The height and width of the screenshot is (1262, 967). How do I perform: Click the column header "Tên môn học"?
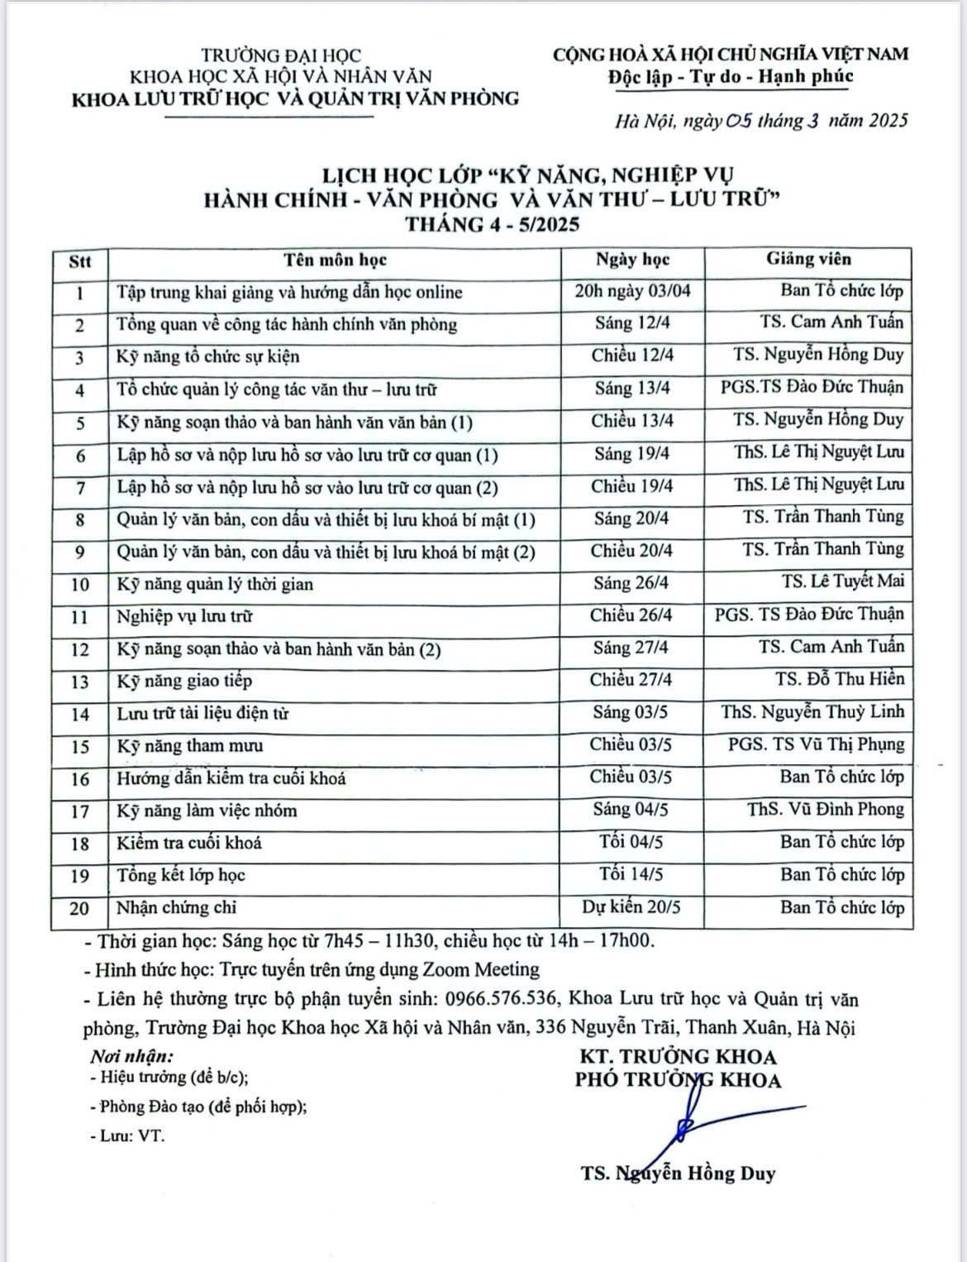(x=336, y=260)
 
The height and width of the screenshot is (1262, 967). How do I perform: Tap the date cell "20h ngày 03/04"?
(x=632, y=291)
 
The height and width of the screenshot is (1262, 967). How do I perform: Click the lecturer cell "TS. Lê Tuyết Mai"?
(x=843, y=581)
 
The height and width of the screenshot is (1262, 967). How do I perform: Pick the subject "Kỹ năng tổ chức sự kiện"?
(x=208, y=356)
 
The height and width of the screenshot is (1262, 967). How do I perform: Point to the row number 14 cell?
(x=80, y=714)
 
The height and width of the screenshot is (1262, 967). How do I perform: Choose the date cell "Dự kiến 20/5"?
(x=631, y=907)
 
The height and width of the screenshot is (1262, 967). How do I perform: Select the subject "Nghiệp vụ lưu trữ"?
(x=185, y=616)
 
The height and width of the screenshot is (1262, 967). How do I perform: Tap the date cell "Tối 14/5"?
(x=631, y=874)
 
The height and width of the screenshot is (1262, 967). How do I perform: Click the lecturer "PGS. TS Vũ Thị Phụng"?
(x=816, y=744)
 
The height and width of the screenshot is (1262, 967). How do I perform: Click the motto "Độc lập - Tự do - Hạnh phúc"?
(x=730, y=77)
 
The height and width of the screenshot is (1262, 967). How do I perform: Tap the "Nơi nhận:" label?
(x=132, y=1056)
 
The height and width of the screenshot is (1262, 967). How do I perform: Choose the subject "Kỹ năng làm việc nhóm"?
(x=207, y=810)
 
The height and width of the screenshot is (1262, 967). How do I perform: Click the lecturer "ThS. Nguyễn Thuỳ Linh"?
(x=812, y=711)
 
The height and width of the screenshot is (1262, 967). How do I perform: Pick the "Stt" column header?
(x=80, y=261)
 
